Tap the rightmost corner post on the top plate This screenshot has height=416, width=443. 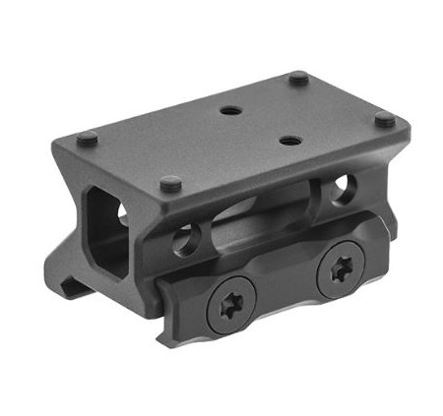click(385, 118)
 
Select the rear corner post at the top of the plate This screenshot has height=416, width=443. click(299, 78)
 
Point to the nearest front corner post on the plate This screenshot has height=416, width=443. click(170, 183)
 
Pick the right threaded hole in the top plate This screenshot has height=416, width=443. click(288, 142)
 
